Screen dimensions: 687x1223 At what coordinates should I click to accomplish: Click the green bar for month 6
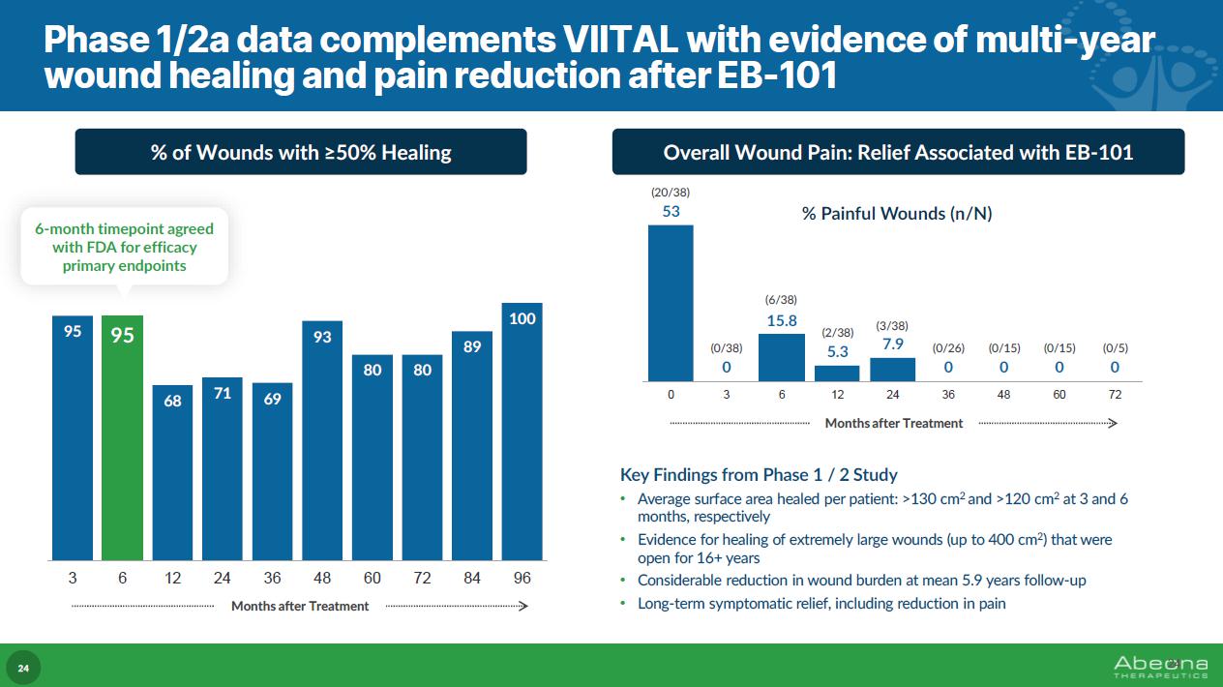coord(122,437)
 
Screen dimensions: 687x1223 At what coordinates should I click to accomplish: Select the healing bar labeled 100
coord(522,432)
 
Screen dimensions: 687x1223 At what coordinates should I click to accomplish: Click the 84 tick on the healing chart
coord(472,579)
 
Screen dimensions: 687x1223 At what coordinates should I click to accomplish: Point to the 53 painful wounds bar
coord(671,303)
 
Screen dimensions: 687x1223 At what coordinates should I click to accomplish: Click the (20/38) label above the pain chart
coord(671,193)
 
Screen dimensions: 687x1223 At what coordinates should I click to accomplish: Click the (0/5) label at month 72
coord(1115,347)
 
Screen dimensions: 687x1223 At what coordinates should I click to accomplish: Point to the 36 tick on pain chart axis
coord(948,395)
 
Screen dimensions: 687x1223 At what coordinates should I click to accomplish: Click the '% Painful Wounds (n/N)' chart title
coord(897,214)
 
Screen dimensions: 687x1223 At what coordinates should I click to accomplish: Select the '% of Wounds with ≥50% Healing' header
coord(301,152)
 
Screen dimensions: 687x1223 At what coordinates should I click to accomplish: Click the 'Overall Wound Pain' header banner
coord(898,152)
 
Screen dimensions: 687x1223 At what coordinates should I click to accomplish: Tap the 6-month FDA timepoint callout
coord(124,247)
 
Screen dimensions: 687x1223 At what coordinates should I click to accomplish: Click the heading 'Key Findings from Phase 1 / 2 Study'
coord(759,475)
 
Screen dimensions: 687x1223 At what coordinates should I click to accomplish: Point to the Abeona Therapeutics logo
coord(1160,666)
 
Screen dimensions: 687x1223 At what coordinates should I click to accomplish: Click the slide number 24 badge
coord(24,668)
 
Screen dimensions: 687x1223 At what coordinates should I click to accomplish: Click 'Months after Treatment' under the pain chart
coord(893,423)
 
